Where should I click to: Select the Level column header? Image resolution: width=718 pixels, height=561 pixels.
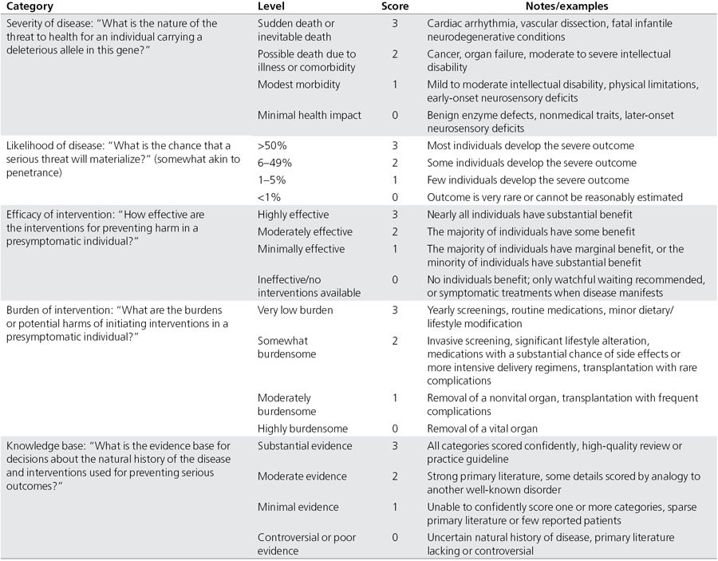click(273, 6)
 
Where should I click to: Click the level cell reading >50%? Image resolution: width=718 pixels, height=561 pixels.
click(271, 146)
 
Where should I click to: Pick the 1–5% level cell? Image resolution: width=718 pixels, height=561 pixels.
click(272, 180)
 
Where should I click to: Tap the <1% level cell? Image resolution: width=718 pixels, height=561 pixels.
click(269, 196)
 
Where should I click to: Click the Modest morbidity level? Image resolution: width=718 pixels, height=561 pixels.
click(299, 85)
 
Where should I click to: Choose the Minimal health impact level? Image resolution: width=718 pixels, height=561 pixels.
click(310, 116)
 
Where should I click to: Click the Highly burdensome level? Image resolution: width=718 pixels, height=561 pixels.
click(302, 429)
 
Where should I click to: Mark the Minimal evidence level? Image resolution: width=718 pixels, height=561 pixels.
click(298, 507)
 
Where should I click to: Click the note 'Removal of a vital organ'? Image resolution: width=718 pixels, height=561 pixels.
click(487, 429)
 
